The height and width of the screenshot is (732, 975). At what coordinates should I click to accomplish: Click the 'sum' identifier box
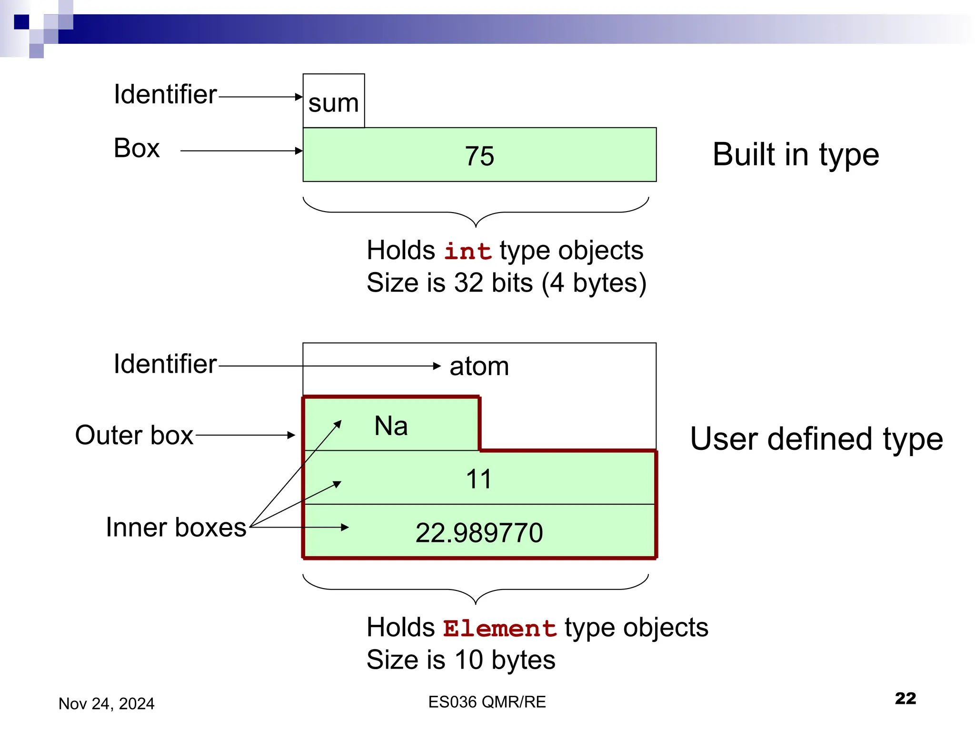pyautogui.click(x=333, y=102)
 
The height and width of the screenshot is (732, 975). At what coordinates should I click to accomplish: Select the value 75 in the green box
pyautogui.click(x=479, y=156)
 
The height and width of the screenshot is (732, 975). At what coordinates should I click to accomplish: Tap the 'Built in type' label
pyautogui.click(x=796, y=155)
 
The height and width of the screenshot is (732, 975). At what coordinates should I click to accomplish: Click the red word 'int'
pyautogui.click(x=468, y=251)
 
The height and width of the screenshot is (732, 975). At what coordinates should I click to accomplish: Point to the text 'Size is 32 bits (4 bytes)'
pyautogui.click(x=506, y=283)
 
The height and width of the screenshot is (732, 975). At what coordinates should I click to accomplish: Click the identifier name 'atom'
pyautogui.click(x=479, y=366)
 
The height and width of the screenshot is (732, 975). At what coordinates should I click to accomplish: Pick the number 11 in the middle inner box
pyautogui.click(x=478, y=478)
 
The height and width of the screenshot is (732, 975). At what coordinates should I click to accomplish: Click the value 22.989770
pyautogui.click(x=479, y=532)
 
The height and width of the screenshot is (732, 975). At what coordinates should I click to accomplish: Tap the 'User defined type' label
pyautogui.click(x=816, y=438)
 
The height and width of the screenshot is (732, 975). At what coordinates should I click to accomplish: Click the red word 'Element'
pyautogui.click(x=499, y=629)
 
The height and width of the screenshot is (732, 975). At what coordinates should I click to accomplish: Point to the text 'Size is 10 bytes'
pyautogui.click(x=461, y=660)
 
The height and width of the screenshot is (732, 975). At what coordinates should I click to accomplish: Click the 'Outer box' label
pyautogui.click(x=134, y=435)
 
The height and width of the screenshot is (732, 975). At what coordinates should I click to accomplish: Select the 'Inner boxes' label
pyautogui.click(x=176, y=527)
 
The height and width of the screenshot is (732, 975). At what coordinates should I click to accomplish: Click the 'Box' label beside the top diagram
pyautogui.click(x=137, y=148)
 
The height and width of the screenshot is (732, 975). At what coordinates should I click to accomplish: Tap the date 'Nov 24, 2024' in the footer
pyautogui.click(x=107, y=703)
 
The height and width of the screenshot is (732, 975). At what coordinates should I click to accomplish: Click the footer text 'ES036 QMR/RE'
pyautogui.click(x=487, y=702)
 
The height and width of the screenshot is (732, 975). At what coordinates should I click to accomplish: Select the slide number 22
pyautogui.click(x=905, y=698)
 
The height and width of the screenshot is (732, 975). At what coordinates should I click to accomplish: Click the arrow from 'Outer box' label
pyautogui.click(x=245, y=435)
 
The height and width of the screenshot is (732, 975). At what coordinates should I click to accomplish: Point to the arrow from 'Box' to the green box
pyautogui.click(x=241, y=151)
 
